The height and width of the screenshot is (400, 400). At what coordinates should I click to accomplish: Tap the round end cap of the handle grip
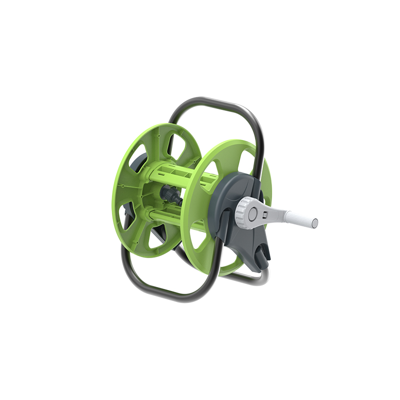click(315, 222)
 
